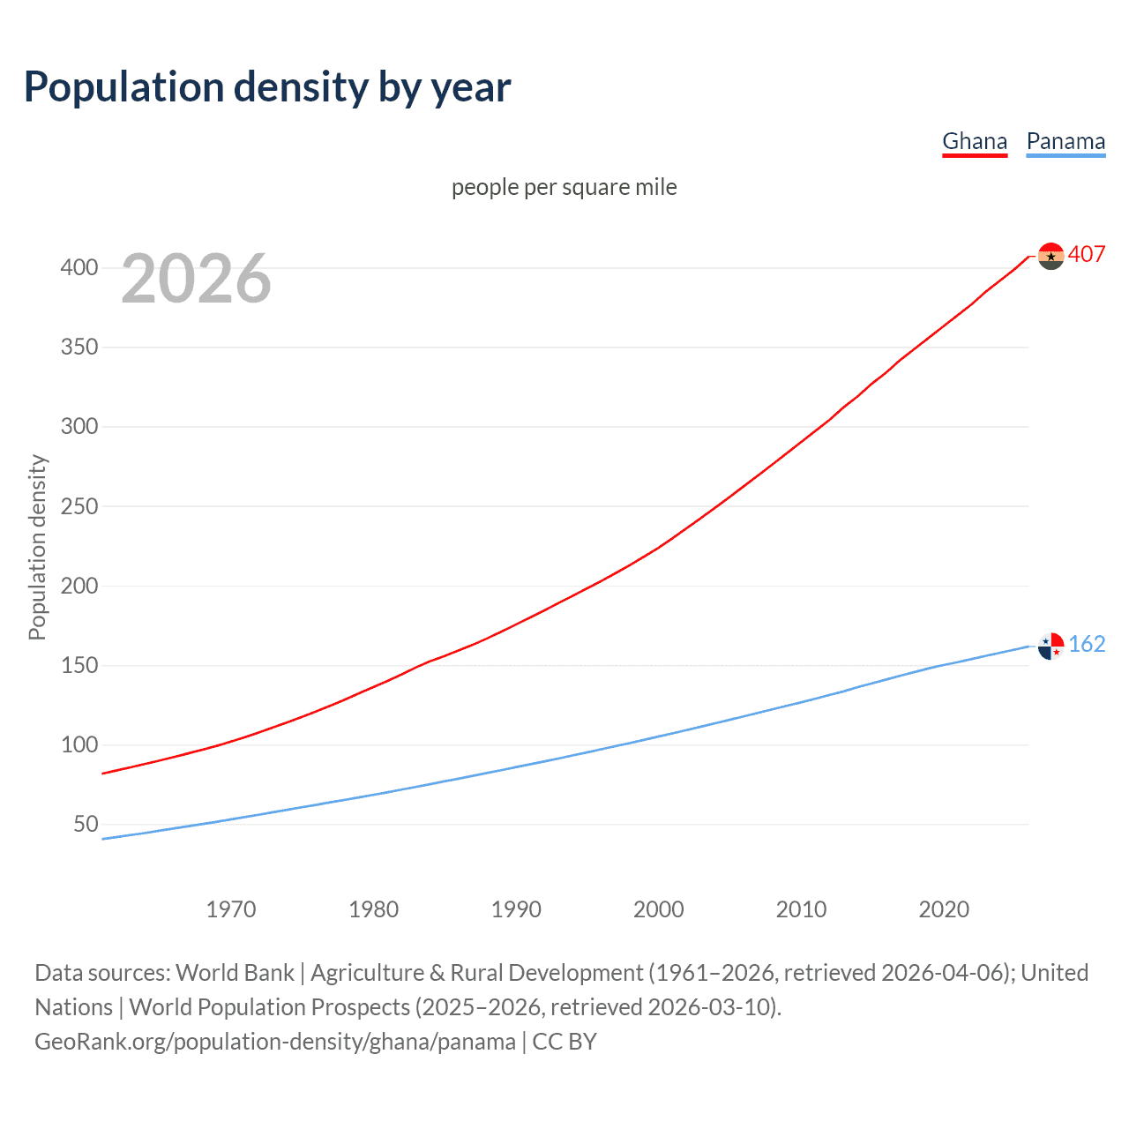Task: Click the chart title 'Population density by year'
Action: (x=267, y=86)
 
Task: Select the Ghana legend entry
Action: (x=975, y=141)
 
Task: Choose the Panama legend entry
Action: (x=1065, y=141)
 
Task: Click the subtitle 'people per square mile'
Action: (x=564, y=187)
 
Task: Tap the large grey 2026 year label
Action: (x=196, y=279)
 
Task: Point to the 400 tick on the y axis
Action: (x=79, y=267)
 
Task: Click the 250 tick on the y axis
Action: (x=79, y=506)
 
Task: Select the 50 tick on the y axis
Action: (x=86, y=824)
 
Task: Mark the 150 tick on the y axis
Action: (x=79, y=665)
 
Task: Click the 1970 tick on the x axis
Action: (x=231, y=909)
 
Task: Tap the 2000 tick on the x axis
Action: (x=659, y=909)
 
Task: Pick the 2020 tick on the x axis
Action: (x=944, y=909)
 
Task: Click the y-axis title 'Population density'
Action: (x=37, y=547)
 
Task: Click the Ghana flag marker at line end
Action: (x=1050, y=256)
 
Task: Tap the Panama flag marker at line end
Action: (x=1050, y=647)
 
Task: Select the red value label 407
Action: (x=1087, y=254)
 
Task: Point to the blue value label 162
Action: (x=1087, y=644)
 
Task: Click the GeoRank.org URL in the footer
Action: (x=275, y=1042)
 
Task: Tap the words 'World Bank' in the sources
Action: (x=235, y=973)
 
